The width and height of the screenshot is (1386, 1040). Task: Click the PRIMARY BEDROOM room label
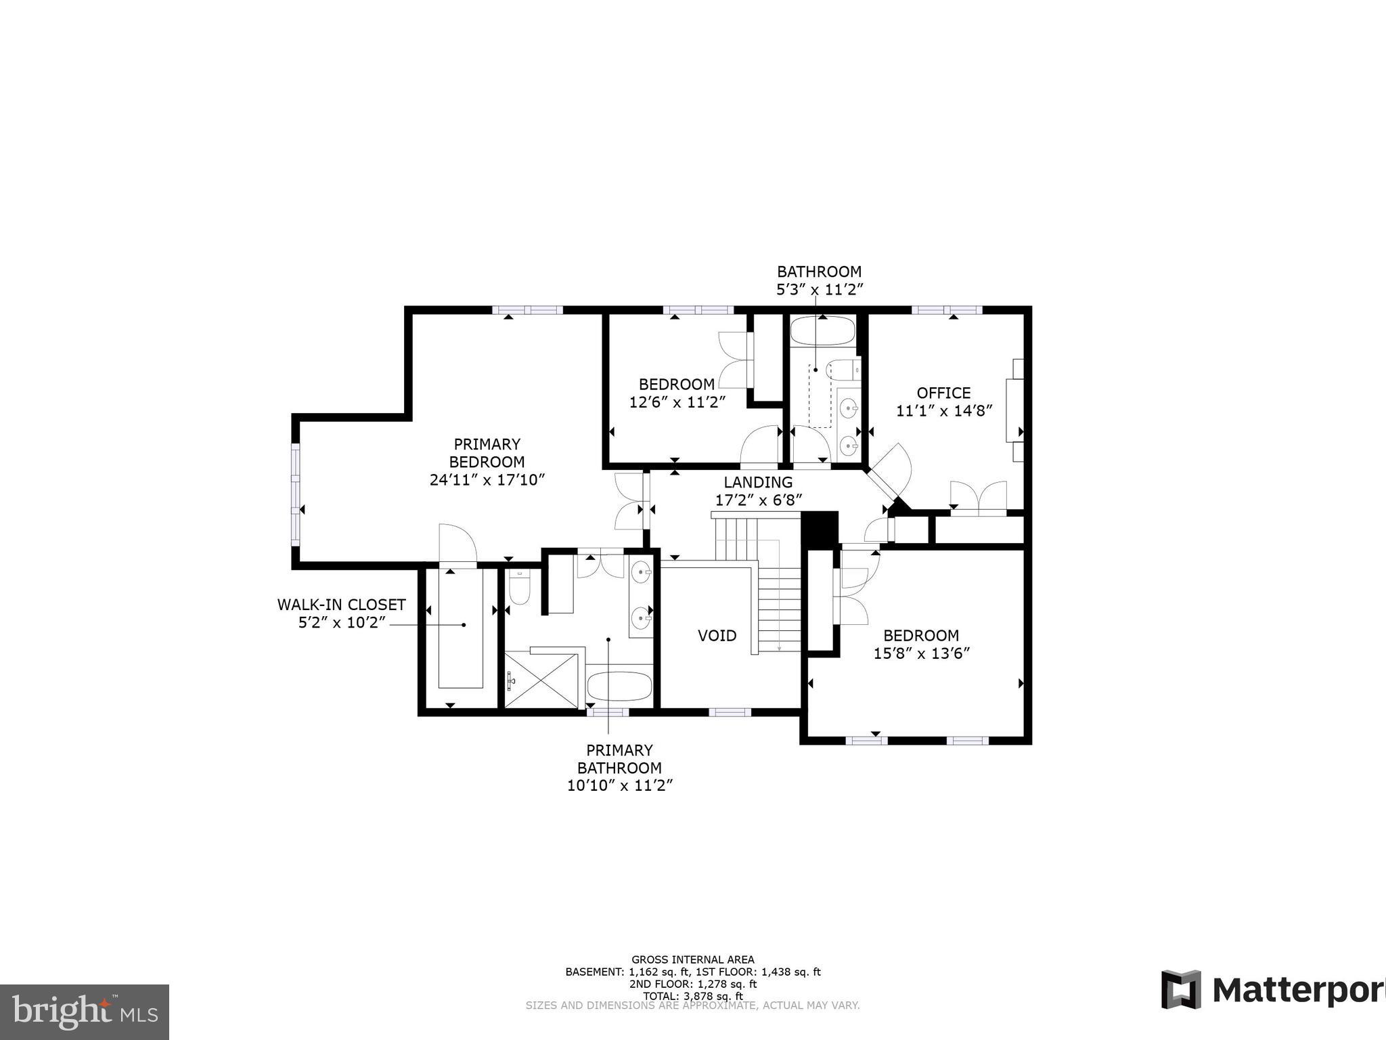tap(487, 453)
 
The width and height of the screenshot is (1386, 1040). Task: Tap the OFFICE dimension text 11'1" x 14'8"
tap(944, 411)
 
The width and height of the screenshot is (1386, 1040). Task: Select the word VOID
tap(717, 636)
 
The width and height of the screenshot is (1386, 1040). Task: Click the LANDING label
tap(758, 483)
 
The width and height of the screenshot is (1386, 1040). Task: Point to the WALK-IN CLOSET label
tap(341, 605)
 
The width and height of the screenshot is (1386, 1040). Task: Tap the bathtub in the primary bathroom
tap(619, 687)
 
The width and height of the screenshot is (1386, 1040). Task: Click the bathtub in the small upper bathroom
tap(823, 332)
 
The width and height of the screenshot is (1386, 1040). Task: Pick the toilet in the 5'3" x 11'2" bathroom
tap(843, 370)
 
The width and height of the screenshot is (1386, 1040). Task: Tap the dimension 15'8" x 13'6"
tap(921, 653)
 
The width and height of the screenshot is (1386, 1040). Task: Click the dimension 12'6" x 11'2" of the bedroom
tap(677, 402)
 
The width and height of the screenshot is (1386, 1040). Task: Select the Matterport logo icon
tap(1181, 989)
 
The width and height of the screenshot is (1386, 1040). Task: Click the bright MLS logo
tap(84, 1012)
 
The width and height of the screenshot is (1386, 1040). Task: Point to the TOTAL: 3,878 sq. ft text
tap(692, 996)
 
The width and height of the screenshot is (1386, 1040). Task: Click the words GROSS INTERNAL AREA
tap(692, 959)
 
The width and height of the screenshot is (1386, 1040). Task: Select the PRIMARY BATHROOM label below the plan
tap(619, 759)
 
